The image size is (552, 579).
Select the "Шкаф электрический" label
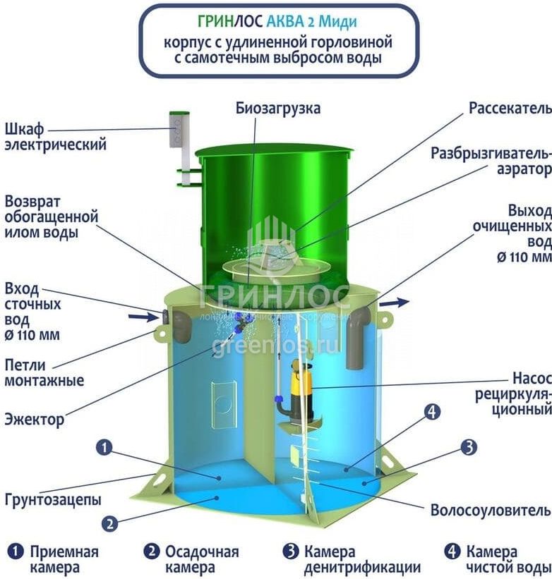pyautogui.click(x=55, y=138)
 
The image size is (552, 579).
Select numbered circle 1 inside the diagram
pyautogui.click(x=104, y=446)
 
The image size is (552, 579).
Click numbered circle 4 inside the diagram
pyautogui.click(x=433, y=411)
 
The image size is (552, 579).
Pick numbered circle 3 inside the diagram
pyautogui.click(x=469, y=446)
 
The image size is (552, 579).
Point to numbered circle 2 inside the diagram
pyautogui.click(x=109, y=523)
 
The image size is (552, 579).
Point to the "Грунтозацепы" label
pyautogui.click(x=53, y=499)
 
